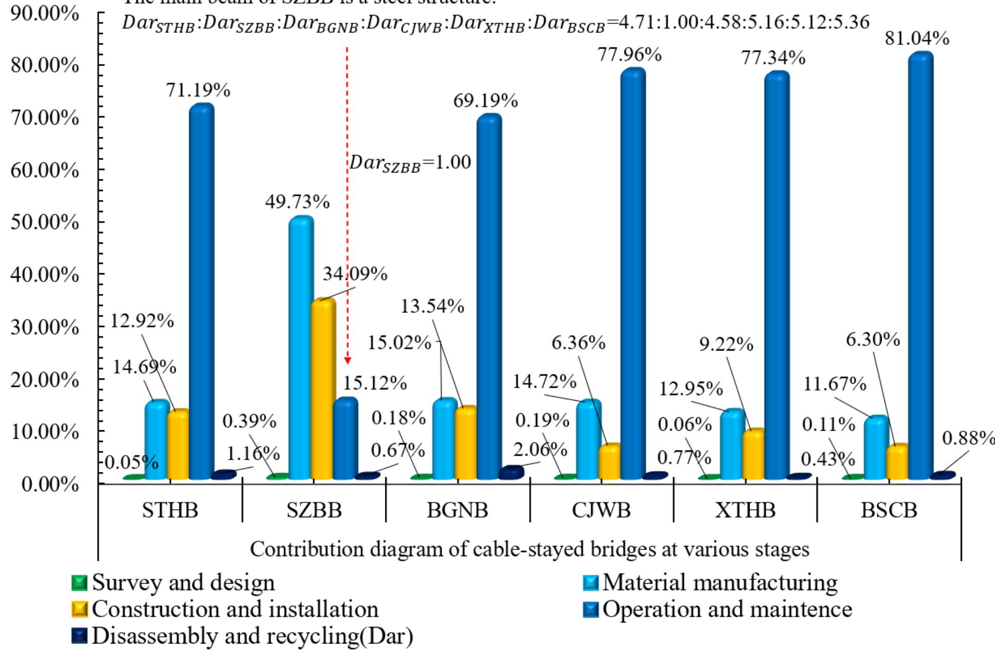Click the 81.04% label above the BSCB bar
click(x=916, y=38)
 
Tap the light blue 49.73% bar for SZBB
click(x=301, y=346)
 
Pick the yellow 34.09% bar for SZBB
click(x=323, y=387)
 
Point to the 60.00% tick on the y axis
click(x=44, y=170)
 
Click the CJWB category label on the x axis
click(x=601, y=510)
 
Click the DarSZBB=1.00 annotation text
click(x=410, y=163)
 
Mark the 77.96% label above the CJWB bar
click(x=629, y=54)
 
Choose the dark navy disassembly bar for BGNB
click(x=511, y=473)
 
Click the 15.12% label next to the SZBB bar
click(x=375, y=383)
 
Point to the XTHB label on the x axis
click(x=745, y=510)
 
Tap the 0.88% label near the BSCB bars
click(x=968, y=438)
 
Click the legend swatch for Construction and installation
click(x=80, y=609)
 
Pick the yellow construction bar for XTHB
click(x=753, y=454)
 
